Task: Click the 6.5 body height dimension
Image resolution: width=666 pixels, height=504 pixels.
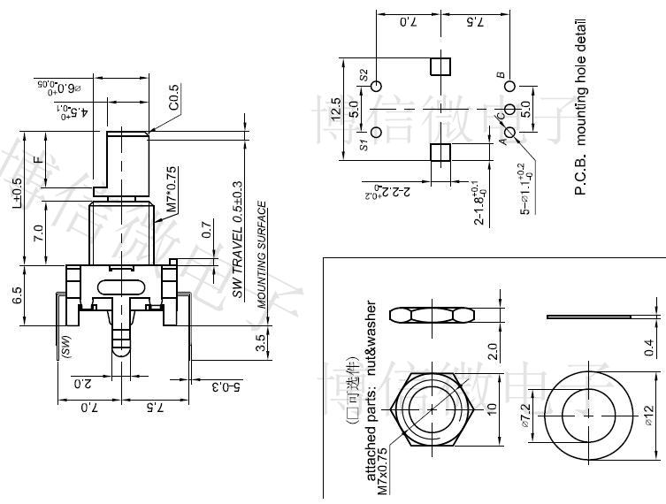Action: click(19, 295)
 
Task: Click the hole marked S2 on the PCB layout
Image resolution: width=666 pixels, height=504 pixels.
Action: click(377, 87)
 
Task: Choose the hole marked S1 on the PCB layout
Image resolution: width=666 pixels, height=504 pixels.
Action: click(377, 132)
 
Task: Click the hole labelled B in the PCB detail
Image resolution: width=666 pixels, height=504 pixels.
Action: click(509, 87)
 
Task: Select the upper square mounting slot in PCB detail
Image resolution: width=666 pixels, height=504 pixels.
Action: click(440, 67)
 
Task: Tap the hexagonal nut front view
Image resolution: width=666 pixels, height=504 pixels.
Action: click(433, 411)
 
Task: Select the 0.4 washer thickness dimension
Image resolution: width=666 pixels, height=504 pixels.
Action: click(652, 347)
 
